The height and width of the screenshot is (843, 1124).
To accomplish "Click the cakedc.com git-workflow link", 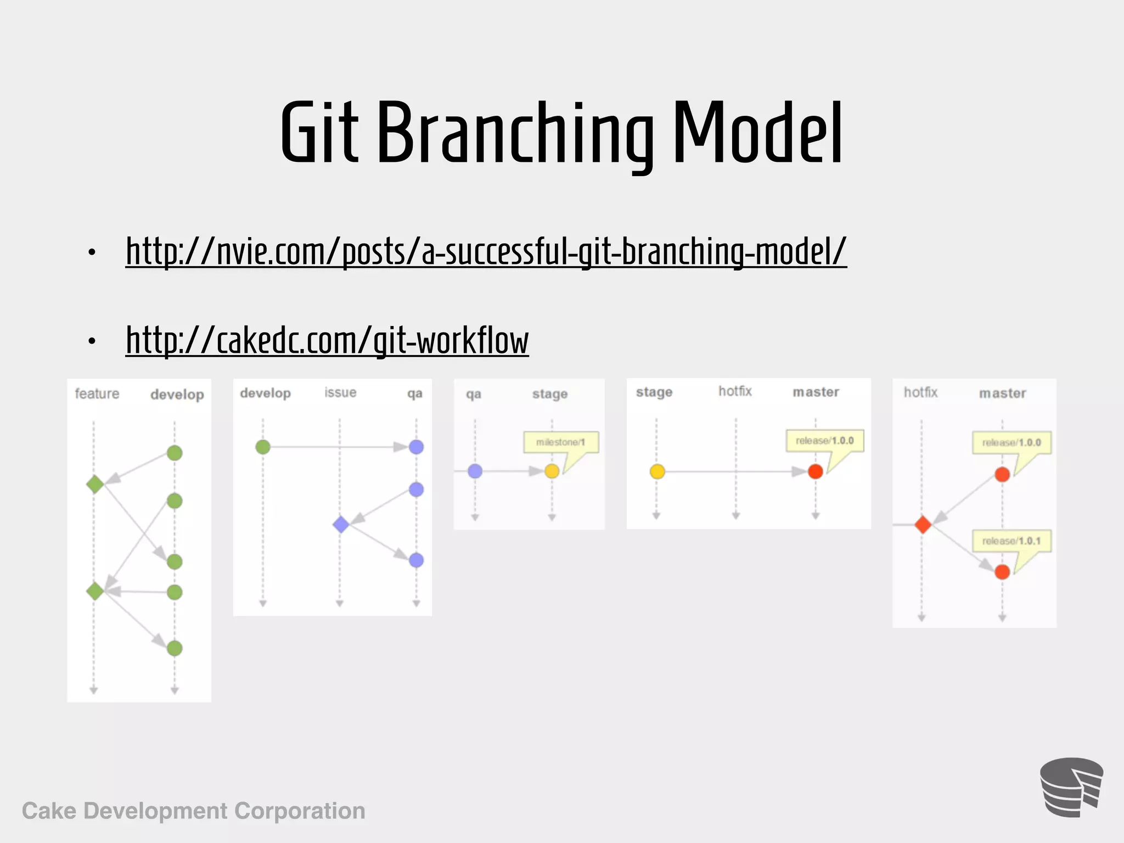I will pyautogui.click(x=327, y=340).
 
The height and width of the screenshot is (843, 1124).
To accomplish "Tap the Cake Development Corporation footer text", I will pyautogui.click(x=193, y=811).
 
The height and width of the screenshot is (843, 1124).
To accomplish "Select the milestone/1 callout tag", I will pyautogui.click(x=560, y=442).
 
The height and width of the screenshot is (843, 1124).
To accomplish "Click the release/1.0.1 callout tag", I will pyautogui.click(x=1011, y=541).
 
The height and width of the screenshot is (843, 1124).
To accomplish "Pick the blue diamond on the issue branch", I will pyautogui.click(x=341, y=524).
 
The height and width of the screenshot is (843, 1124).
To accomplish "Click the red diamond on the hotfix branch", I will pyautogui.click(x=923, y=525).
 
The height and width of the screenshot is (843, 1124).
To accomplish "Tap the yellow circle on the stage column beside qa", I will pyautogui.click(x=552, y=471).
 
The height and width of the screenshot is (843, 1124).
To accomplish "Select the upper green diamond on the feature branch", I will pyautogui.click(x=95, y=484).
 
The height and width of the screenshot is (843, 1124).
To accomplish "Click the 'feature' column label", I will pyautogui.click(x=97, y=394).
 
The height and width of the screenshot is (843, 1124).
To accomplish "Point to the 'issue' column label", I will pyautogui.click(x=340, y=392).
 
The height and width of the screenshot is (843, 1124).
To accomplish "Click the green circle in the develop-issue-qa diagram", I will pyautogui.click(x=263, y=447).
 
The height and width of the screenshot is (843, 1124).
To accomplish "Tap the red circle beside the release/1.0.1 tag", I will pyautogui.click(x=1002, y=572).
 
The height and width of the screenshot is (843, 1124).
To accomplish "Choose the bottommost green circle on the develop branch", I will pyautogui.click(x=175, y=648).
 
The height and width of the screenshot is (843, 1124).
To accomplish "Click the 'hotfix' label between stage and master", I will pyautogui.click(x=735, y=391).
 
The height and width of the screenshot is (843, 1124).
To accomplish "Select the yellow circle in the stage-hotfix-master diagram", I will pyautogui.click(x=657, y=471).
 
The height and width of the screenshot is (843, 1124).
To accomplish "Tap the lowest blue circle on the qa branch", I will pyautogui.click(x=416, y=560).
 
